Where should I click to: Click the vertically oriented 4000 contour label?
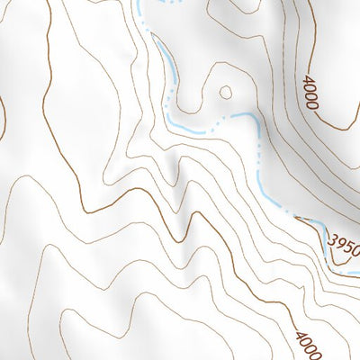310,93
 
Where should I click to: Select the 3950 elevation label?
346,244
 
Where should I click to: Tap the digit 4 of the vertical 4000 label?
310,79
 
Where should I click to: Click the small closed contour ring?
225,92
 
